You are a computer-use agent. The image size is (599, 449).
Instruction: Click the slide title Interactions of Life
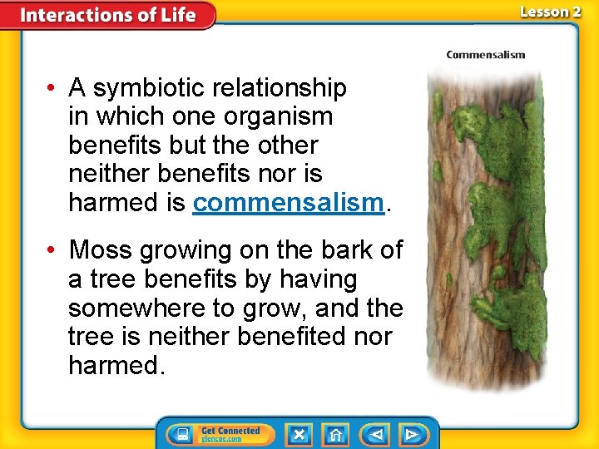click(x=108, y=15)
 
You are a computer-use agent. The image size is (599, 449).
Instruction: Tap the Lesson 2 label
click(x=550, y=12)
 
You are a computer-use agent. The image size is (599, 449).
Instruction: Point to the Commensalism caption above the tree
click(x=485, y=55)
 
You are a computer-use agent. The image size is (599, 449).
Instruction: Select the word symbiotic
click(x=146, y=87)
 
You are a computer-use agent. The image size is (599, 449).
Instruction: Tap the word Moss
click(x=101, y=250)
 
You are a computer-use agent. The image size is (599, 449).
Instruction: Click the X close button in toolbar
click(x=299, y=434)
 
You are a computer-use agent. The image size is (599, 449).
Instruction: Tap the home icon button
click(x=336, y=434)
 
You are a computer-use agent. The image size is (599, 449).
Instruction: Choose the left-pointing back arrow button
click(x=375, y=434)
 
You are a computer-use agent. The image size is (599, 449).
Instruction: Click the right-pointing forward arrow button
click(x=412, y=434)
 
